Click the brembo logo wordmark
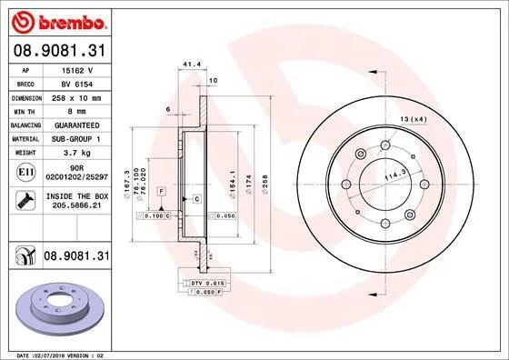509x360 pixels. [x=72, y=23]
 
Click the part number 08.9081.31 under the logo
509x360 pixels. [x=60, y=51]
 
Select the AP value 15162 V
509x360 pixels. [x=77, y=70]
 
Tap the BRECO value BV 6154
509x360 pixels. [x=77, y=85]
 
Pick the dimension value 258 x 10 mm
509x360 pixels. [x=76, y=98]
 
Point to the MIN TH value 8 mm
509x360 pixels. [x=77, y=111]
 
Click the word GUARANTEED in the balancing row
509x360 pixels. [x=77, y=125]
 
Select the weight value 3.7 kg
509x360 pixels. [x=77, y=153]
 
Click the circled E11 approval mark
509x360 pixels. [x=26, y=172]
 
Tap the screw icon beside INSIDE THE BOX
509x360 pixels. [x=25, y=200]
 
